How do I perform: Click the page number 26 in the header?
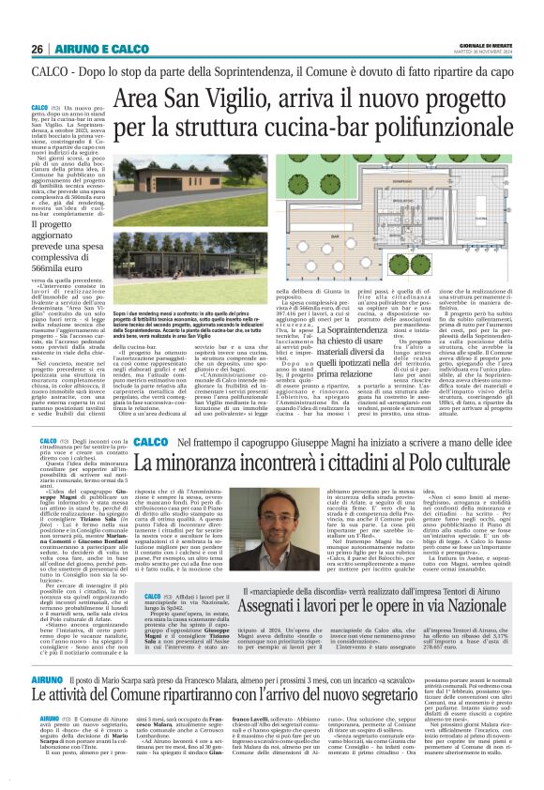pos(38,49)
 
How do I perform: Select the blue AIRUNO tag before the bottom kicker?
pos(48,702)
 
